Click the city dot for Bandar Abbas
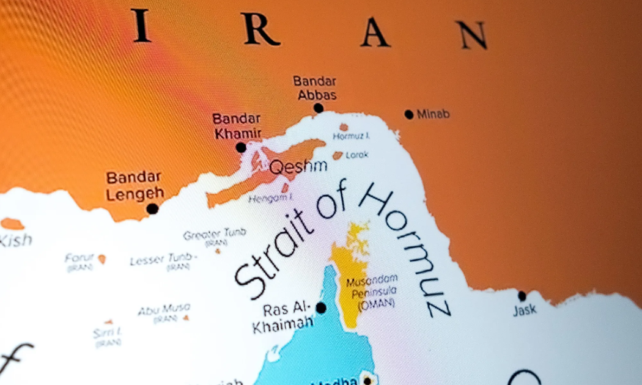318,108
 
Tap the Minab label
433,114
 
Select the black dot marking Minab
408,114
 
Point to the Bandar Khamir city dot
241,147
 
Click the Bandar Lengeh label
134,186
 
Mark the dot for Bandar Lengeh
152,208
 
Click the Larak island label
357,155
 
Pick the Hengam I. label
270,197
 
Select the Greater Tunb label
215,233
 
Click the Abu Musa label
163,309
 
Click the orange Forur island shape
101,259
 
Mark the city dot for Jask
522,296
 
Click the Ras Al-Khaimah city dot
320,308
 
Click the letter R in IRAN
260,31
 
